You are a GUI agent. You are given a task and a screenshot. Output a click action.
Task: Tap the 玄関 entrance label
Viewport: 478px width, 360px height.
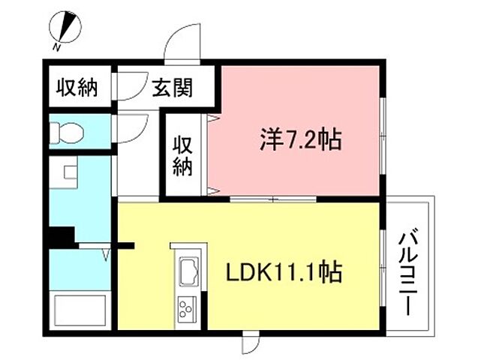173,88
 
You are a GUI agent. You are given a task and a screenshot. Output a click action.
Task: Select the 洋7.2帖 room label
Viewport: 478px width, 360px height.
299,139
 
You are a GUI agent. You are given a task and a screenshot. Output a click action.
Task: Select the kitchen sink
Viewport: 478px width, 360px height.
188,271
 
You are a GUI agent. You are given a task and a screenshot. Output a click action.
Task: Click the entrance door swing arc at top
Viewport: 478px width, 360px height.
183,44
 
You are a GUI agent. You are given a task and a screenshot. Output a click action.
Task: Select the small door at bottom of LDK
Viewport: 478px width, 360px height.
249,344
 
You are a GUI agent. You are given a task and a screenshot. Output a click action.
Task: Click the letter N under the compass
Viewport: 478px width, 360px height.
57,47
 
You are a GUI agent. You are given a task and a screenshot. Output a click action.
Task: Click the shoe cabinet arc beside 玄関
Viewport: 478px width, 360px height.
129,84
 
